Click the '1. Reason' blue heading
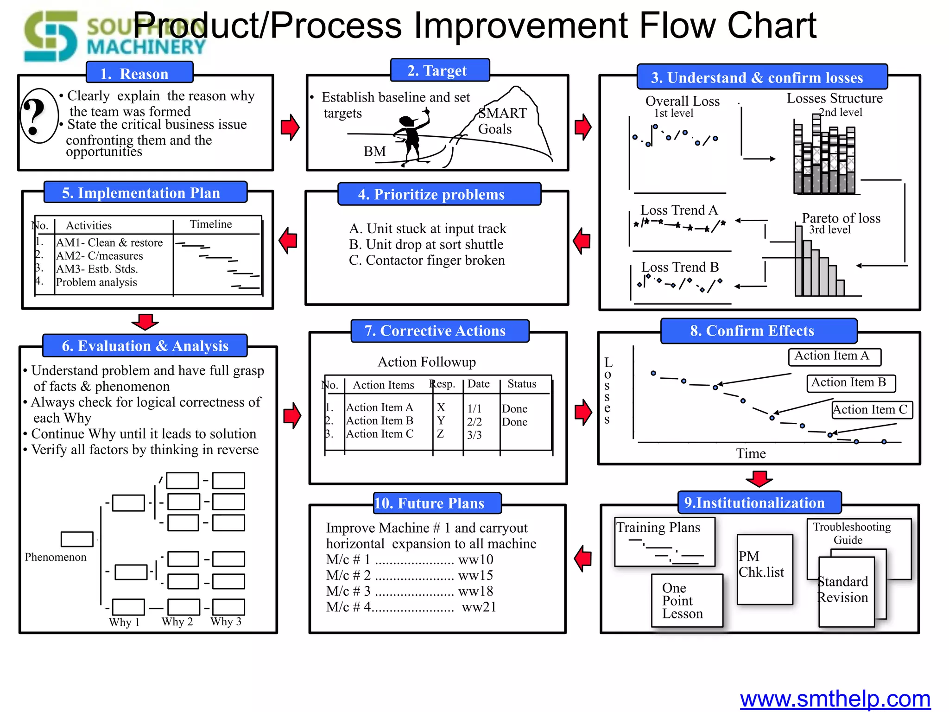coord(139,73)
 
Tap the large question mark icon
coord(37,116)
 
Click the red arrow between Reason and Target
coord(290,127)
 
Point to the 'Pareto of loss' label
coord(841,218)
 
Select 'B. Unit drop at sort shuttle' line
coord(426,244)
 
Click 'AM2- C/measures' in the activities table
coord(99,256)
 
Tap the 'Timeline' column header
coord(211,224)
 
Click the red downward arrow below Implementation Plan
coord(145,322)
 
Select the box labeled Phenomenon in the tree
coord(77,539)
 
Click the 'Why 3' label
coord(226,622)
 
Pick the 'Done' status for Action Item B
coord(514,422)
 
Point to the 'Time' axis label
coord(751,453)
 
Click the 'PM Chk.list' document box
coord(765,569)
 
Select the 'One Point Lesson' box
coord(687,601)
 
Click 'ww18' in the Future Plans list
coord(475,591)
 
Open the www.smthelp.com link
coord(835,699)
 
